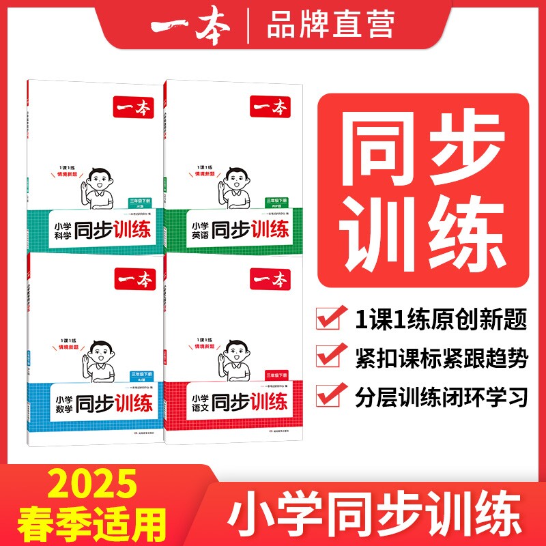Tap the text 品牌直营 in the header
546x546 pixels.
330,26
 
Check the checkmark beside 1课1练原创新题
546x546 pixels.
332,317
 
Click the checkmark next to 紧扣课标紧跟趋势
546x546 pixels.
332,356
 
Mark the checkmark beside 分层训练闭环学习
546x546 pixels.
332,395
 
